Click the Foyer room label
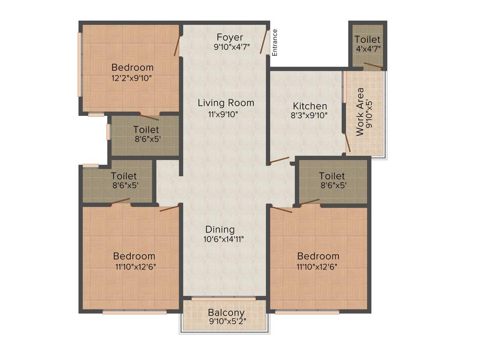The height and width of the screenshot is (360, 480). pyautogui.click(x=230, y=37)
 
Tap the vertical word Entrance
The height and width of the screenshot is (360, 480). pyautogui.click(x=275, y=43)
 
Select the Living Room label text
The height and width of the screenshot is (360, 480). pyautogui.click(x=225, y=103)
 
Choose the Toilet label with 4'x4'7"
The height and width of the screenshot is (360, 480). pyautogui.click(x=367, y=40)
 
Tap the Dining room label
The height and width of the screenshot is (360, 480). pyautogui.click(x=220, y=229)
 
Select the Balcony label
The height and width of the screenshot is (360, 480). pyautogui.click(x=226, y=313)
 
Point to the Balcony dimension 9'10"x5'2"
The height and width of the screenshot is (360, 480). pyautogui.click(x=227, y=322)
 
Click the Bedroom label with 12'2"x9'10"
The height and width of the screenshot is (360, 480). pyautogui.click(x=132, y=67)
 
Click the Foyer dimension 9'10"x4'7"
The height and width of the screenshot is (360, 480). pyautogui.click(x=232, y=47)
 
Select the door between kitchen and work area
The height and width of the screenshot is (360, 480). pyautogui.click(x=347, y=142)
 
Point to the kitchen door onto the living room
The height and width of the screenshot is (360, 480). pyautogui.click(x=279, y=160)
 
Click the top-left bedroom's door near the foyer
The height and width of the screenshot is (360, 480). pyautogui.click(x=177, y=46)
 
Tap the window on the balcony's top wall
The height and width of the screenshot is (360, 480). pyautogui.click(x=224, y=298)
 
